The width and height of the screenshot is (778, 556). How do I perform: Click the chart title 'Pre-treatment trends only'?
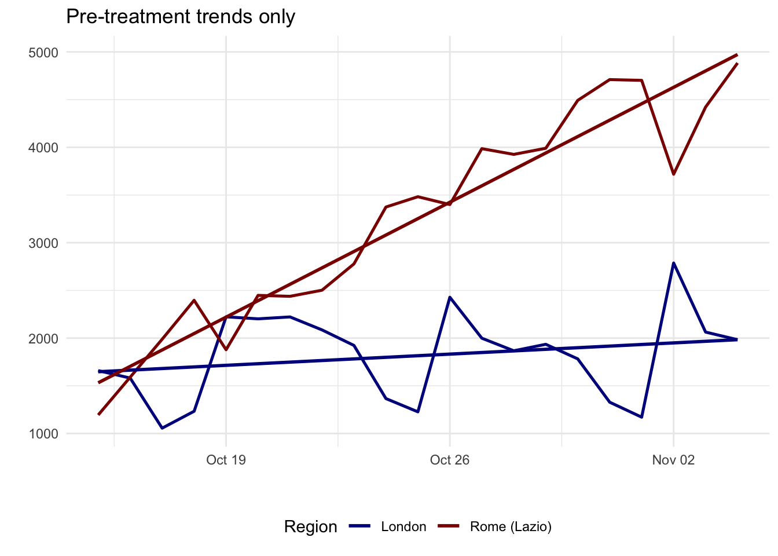[181, 16]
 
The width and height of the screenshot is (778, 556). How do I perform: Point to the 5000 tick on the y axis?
[43, 53]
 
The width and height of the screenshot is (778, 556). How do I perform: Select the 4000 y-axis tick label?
[43, 148]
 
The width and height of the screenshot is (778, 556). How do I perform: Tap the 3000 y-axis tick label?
[43, 243]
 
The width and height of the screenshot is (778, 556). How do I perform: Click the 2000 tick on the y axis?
[43, 338]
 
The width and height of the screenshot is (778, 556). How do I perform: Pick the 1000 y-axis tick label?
[43, 434]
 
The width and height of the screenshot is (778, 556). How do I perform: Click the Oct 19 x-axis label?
[226, 460]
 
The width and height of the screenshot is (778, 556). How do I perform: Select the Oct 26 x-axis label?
[450, 460]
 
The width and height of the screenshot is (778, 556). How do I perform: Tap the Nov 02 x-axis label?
[673, 460]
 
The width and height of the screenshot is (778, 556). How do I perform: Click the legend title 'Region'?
[310, 526]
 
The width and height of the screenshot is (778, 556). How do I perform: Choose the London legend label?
[403, 526]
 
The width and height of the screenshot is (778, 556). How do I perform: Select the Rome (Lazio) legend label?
[511, 526]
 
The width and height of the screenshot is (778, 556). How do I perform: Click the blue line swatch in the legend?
[359, 526]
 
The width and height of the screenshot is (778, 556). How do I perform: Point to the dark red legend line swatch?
[448, 526]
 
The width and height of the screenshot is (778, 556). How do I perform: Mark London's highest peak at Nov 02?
[673, 263]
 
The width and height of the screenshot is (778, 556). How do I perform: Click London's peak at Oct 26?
[450, 297]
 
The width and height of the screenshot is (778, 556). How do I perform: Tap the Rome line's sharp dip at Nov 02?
[673, 174]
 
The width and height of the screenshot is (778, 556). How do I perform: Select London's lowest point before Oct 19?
[162, 428]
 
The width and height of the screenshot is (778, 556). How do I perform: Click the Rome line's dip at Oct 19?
[226, 350]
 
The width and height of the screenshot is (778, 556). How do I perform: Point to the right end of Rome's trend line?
[737, 54]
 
